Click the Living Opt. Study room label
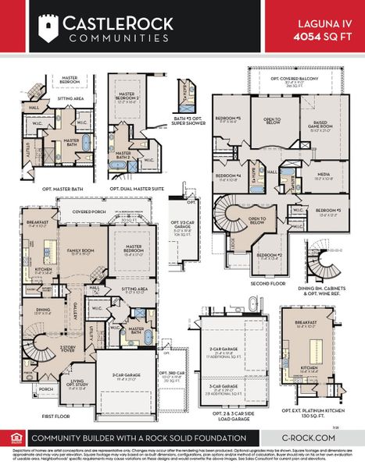[x=77, y=384]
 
